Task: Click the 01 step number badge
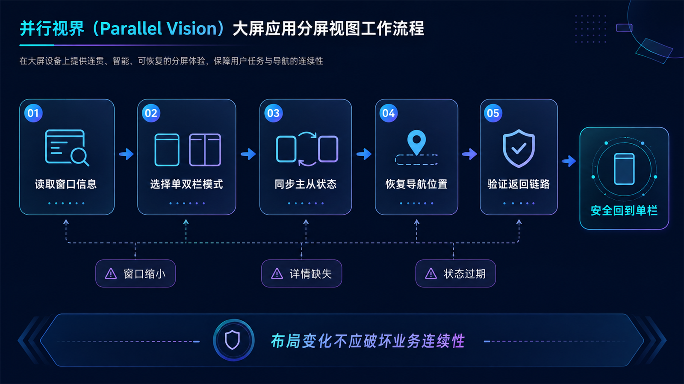coord(33,113)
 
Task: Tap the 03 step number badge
coord(273,113)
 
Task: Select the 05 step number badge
coord(493,113)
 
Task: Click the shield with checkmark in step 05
coord(519,148)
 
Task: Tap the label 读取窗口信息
coord(66,184)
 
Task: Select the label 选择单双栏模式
coord(186,184)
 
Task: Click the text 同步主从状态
coord(305,184)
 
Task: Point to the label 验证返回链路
coord(519,184)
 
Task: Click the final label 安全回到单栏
coord(624,211)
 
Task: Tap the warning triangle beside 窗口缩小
coord(111,273)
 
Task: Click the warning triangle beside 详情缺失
coord(277,273)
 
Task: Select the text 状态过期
coord(464,273)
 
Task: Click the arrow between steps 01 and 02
coord(127,154)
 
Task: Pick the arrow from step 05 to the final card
coord(569,161)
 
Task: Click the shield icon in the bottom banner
coord(233,340)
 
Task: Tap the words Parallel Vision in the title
coord(158,28)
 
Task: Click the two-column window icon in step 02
coord(205,150)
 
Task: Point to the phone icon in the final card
coord(624,169)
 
